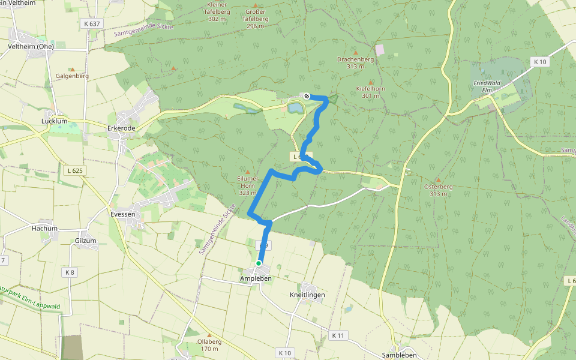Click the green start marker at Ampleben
tap(259, 263)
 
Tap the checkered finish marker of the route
tap(307, 96)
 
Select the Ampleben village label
tap(256, 279)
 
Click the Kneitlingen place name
tap(307, 295)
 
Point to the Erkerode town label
tap(121, 128)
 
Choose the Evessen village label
tap(123, 214)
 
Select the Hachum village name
tap(44, 229)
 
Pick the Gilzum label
tap(86, 241)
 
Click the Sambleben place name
tap(399, 355)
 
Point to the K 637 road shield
tap(92, 23)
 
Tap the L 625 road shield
tap(74, 171)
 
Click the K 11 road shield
tap(338, 335)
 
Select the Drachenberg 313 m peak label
tap(355, 63)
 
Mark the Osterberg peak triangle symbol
tap(438, 179)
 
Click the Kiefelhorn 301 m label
tap(370, 92)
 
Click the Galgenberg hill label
tap(72, 76)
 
